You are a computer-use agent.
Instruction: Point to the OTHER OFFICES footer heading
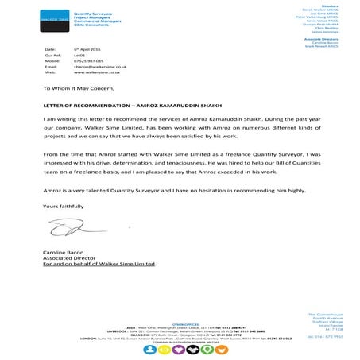pyautogui.click(x=180, y=324)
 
